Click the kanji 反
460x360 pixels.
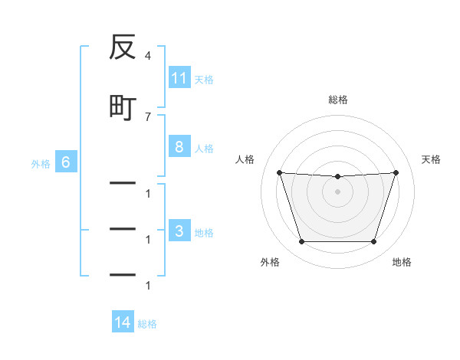tap(123, 47)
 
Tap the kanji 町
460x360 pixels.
tap(123, 108)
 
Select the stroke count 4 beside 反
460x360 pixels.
tap(148, 56)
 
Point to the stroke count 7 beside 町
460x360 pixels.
tap(148, 117)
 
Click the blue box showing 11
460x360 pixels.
tap(179, 77)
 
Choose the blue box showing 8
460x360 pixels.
tap(179, 146)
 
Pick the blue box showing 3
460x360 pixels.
tap(179, 230)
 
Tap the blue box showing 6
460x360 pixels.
tap(66, 162)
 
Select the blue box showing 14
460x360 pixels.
tap(123, 321)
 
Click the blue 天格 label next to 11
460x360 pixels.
tap(204, 80)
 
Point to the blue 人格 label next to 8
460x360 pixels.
tap(204, 149)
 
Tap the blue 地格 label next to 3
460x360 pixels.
tap(204, 233)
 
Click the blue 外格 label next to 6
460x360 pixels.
tap(41, 164)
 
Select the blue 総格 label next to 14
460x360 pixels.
tap(147, 324)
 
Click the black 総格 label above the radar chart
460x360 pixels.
tap(338, 100)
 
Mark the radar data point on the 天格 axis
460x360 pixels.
tap(396, 172)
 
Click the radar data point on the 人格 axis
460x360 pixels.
tap(280, 172)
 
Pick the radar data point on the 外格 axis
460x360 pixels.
tap(302, 241)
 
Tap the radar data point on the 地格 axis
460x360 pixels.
tap(374, 241)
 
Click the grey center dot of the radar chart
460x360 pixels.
tap(337, 191)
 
